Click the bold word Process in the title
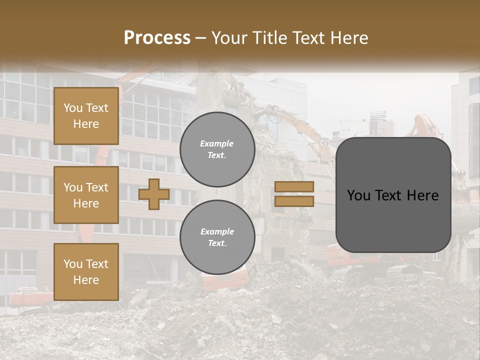[157, 38]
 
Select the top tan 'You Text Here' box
[86, 116]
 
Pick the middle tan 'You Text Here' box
[86, 195]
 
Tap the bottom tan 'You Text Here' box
[86, 272]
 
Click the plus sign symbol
[154, 194]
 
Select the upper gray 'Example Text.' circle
[217, 149]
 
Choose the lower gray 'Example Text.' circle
[217, 237]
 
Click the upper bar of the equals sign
[294, 187]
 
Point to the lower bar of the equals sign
[294, 201]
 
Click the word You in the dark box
[358, 195]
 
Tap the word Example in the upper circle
[217, 144]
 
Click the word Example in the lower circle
[217, 232]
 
